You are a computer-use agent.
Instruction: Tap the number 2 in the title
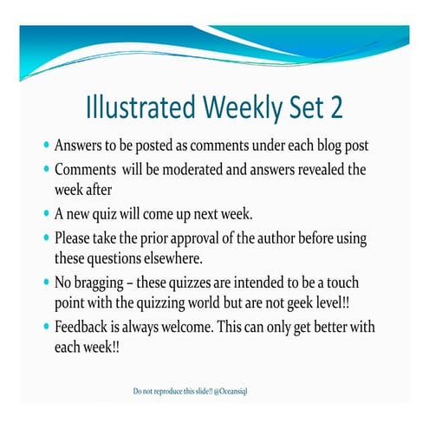coord(335,107)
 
